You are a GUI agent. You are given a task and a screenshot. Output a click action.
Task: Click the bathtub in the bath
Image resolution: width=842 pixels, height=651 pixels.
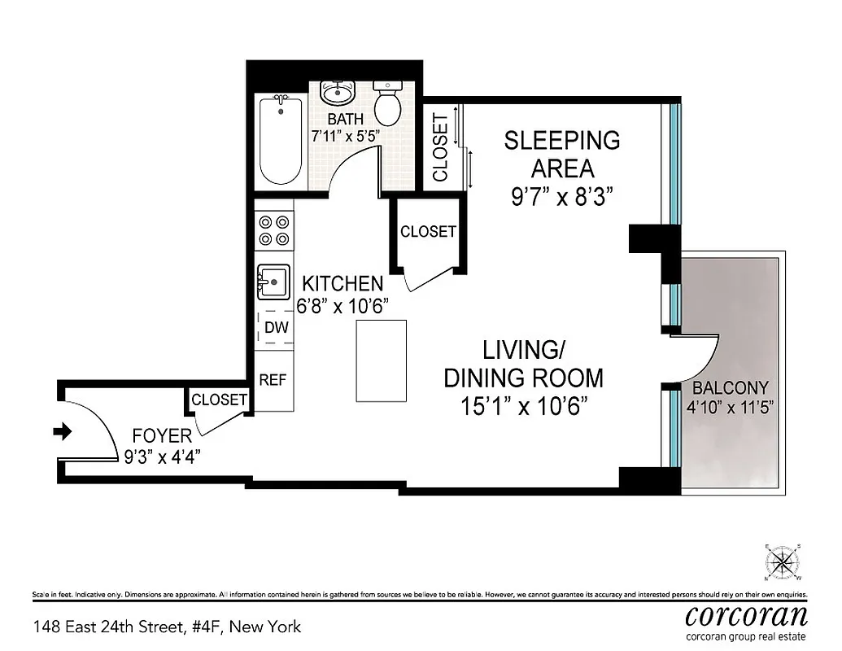(x=281, y=140)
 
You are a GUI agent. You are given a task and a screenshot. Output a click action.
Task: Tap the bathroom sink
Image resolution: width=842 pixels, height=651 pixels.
(x=336, y=94)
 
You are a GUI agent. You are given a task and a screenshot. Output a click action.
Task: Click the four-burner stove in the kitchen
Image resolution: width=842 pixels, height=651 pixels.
(x=273, y=229)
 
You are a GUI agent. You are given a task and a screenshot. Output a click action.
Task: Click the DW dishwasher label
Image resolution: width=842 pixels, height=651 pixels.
(x=276, y=329)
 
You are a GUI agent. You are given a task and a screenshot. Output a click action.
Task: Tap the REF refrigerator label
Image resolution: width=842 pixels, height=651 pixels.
(x=273, y=380)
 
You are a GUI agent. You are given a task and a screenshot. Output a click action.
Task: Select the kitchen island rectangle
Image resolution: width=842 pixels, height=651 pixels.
(x=381, y=360)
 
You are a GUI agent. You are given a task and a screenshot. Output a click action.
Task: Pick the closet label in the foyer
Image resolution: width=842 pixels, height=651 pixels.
(x=219, y=400)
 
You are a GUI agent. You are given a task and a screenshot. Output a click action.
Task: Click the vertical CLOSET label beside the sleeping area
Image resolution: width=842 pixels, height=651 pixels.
(x=439, y=147)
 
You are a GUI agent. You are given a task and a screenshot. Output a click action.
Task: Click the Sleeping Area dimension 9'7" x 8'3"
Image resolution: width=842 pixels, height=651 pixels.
(x=561, y=197)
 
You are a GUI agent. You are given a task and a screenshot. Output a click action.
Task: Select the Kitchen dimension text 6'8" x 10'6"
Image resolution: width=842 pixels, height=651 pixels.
(x=342, y=306)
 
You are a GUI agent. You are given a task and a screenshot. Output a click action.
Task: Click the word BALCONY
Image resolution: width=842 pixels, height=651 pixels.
(x=730, y=387)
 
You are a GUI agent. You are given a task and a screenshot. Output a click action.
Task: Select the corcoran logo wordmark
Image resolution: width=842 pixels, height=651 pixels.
(x=746, y=614)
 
